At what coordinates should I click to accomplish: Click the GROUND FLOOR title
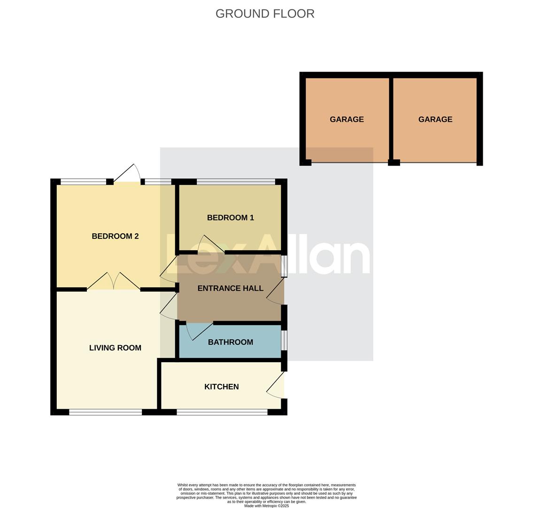(265, 14)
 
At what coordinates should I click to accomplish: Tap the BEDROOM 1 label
(230, 218)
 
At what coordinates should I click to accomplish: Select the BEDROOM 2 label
(115, 236)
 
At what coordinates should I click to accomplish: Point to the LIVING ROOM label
(115, 348)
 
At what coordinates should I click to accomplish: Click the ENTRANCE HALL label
(230, 288)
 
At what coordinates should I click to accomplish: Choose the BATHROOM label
(230, 342)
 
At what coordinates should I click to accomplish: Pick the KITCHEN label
(221, 387)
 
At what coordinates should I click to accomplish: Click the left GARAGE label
(347, 119)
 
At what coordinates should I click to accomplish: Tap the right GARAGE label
(435, 119)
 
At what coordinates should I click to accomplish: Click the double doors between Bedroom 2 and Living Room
(114, 282)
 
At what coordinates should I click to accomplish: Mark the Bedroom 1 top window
(235, 182)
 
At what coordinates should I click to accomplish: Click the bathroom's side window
(284, 340)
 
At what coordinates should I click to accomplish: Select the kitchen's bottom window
(222, 412)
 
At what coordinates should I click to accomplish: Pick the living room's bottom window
(105, 412)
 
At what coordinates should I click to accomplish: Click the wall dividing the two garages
(391, 119)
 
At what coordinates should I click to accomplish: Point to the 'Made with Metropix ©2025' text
(266, 506)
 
